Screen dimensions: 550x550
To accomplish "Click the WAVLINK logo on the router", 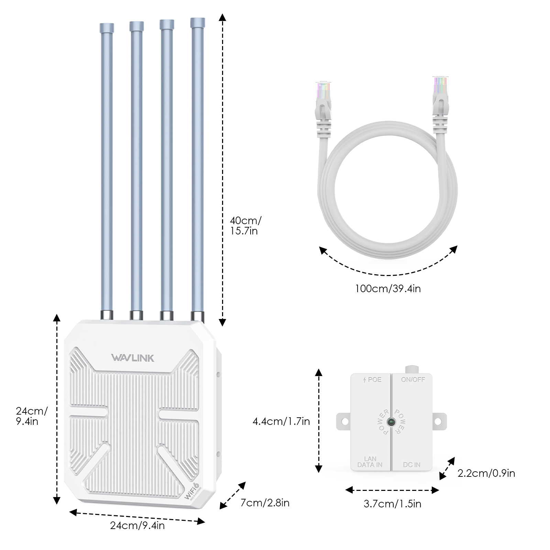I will [x=133, y=358].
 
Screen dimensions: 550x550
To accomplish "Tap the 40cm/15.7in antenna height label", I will [x=245, y=225].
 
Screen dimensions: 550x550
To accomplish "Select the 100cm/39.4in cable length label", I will [x=388, y=288].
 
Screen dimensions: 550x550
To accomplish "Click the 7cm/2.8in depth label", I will [x=265, y=503].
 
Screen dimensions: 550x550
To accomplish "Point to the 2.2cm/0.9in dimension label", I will [x=486, y=473].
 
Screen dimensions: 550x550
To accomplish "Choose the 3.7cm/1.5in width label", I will [x=392, y=504].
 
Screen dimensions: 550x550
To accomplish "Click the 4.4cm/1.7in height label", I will [x=281, y=421].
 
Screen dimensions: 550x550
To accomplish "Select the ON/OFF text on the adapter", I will [x=413, y=379].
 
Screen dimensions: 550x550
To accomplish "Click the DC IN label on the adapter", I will [x=411, y=465].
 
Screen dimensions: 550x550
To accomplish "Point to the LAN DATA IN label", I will [x=370, y=462].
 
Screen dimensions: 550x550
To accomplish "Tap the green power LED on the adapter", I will [x=391, y=422].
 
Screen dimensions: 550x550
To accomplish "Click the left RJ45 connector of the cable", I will [x=323, y=100].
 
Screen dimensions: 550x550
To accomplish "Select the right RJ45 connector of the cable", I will [x=440, y=95].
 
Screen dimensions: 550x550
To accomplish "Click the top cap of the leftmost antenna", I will [x=107, y=27].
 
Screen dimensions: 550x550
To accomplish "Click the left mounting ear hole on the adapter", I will [x=345, y=421].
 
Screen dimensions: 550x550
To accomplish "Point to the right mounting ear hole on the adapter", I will [x=438, y=421].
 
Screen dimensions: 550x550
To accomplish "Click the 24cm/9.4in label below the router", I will [x=137, y=526].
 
